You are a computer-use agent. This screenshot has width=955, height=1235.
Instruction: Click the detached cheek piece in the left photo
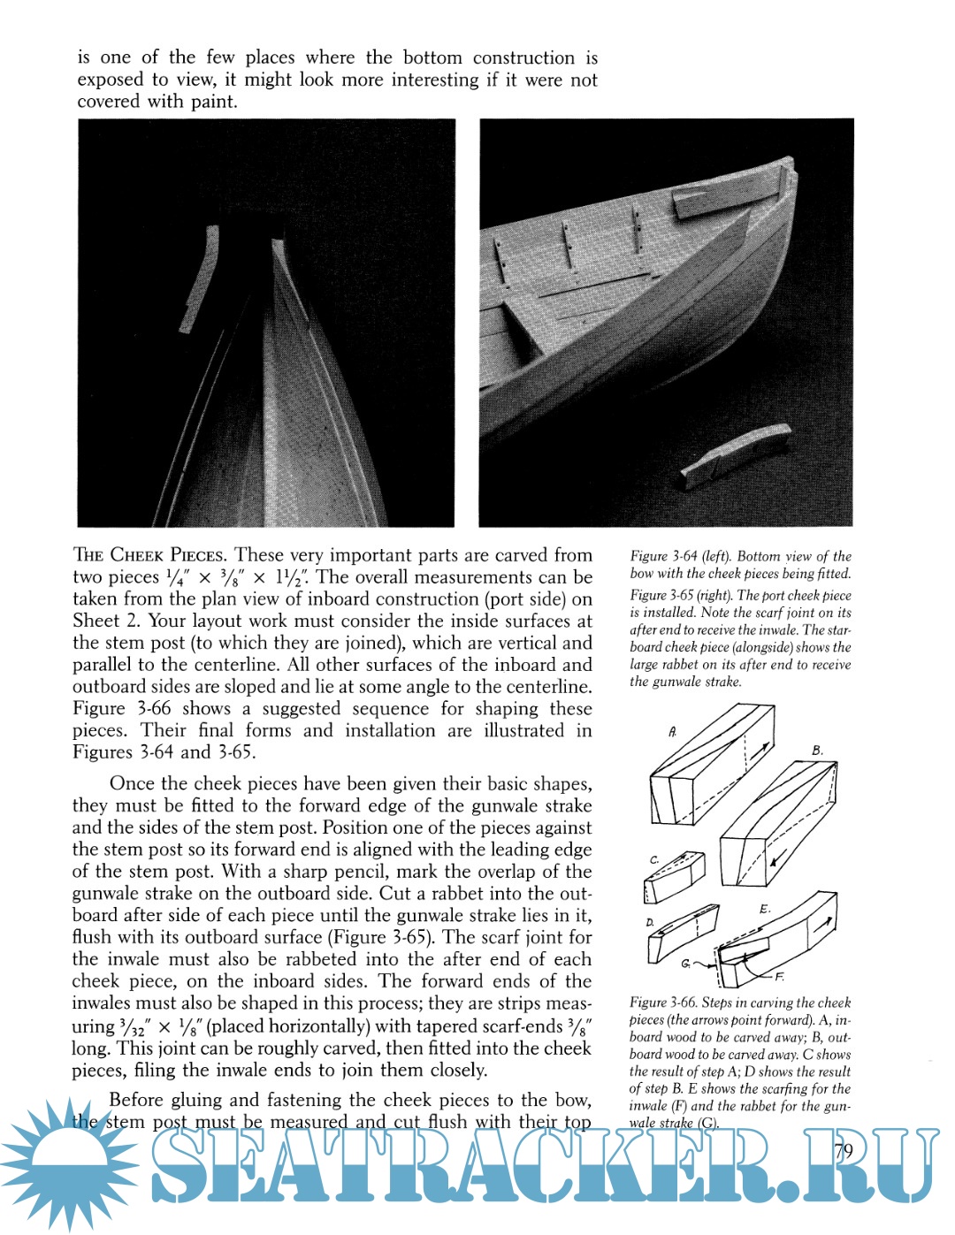pyautogui.click(x=199, y=278)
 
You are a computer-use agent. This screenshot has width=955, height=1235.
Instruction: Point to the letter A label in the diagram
pyautogui.click(x=673, y=732)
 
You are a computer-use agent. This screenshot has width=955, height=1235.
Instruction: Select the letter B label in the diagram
pyautogui.click(x=817, y=751)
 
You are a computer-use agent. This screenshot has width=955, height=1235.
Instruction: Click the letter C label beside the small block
pyautogui.click(x=654, y=859)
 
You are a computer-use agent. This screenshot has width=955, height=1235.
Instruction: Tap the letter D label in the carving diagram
pyautogui.click(x=650, y=922)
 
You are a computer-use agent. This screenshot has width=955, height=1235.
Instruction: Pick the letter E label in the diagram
pyautogui.click(x=765, y=909)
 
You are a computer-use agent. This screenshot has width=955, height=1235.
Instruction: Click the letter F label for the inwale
pyautogui.click(x=779, y=977)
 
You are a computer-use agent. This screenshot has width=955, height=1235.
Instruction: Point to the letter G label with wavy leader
pyautogui.click(x=686, y=964)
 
